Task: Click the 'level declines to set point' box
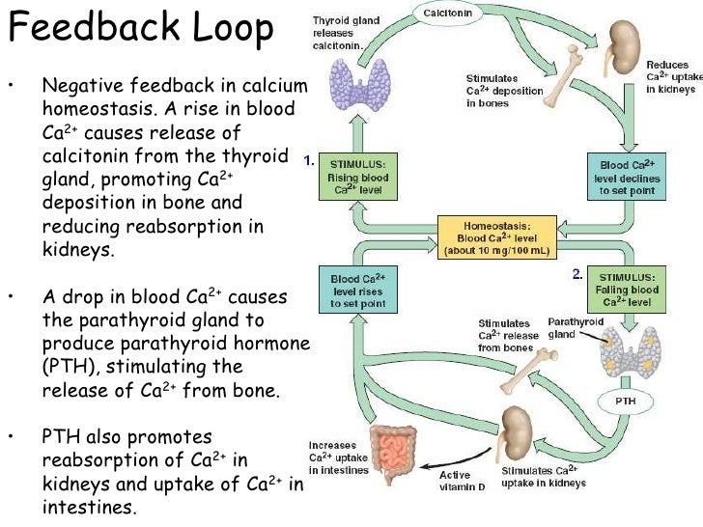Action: (x=627, y=175)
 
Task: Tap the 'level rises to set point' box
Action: (x=356, y=289)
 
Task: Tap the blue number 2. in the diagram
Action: (x=576, y=274)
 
